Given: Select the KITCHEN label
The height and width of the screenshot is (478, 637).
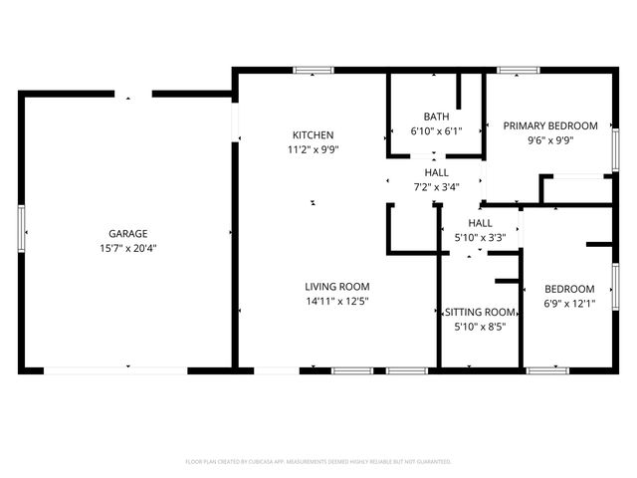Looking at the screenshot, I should [313, 135].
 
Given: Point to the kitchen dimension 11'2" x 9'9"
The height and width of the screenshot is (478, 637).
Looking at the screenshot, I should [313, 149].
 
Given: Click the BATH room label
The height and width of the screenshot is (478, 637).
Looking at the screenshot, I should [436, 116].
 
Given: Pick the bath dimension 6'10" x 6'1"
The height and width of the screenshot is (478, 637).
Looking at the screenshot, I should [436, 130].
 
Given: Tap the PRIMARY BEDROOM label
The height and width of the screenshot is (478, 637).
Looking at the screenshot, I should [549, 125].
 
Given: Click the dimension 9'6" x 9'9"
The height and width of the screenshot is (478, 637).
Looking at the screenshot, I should [549, 140].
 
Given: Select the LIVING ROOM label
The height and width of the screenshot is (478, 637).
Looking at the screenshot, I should [336, 287].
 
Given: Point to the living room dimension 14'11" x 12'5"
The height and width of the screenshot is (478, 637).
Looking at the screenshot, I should [336, 302].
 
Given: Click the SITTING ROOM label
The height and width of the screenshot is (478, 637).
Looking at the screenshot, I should [480, 311].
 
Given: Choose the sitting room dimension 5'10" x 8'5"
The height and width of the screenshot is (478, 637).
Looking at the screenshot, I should [480, 326].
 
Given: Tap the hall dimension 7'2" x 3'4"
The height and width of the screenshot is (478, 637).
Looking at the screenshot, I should [436, 186].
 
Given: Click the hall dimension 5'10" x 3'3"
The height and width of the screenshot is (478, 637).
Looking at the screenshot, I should [480, 237].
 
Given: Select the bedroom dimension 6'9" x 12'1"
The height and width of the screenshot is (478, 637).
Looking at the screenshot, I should [570, 304].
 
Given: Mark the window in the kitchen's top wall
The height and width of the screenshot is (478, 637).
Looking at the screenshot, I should [314, 70].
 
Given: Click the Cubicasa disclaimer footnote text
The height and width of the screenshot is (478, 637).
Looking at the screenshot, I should [318, 462].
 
